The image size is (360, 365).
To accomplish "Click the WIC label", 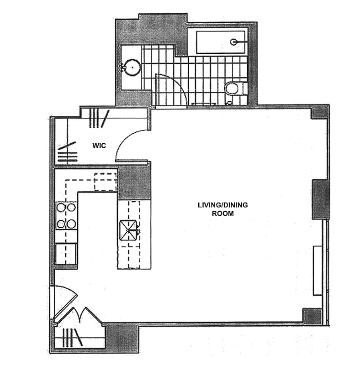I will [x=99, y=146].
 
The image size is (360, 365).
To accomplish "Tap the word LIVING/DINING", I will [x=223, y=205].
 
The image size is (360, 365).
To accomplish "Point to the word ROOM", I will [x=223, y=213].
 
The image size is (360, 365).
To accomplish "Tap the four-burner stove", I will [x=66, y=216].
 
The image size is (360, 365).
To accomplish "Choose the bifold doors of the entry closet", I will [x=82, y=317].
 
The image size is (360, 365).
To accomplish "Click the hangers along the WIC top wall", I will [x=99, y=118].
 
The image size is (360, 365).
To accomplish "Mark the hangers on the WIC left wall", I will [x=66, y=153].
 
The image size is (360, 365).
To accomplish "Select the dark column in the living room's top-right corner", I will [x=318, y=112].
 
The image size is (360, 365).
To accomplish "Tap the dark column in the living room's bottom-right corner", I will [x=313, y=316].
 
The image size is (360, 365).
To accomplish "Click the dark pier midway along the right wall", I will [x=321, y=199].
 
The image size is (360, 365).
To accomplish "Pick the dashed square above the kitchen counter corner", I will [x=106, y=182].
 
